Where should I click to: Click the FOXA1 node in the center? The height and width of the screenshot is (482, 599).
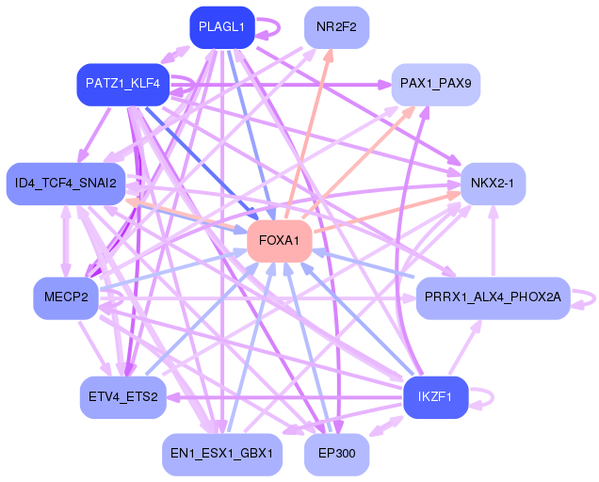[280, 241]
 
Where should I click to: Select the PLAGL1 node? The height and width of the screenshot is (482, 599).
[222, 27]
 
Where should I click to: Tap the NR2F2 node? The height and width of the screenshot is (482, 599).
[336, 27]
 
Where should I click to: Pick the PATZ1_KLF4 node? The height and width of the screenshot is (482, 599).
[123, 84]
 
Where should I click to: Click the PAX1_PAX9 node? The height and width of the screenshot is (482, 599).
[435, 84]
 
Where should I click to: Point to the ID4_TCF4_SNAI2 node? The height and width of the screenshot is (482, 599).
[66, 184]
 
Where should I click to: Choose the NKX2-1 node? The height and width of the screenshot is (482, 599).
[493, 184]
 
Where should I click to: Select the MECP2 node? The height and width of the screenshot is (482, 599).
[66, 297]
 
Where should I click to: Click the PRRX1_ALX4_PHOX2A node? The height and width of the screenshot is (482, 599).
[493, 297]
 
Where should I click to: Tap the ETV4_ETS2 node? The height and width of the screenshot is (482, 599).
[123, 397]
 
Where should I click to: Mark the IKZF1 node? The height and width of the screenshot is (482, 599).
[435, 397]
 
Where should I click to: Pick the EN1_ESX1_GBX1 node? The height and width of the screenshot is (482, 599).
[222, 454]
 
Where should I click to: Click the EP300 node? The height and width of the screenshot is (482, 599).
[336, 454]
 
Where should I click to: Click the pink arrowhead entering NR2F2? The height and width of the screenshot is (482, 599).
[329, 55]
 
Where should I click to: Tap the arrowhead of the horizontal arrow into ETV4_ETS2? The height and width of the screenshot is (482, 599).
[172, 397]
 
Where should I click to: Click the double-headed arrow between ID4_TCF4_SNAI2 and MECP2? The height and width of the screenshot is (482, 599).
[66, 241]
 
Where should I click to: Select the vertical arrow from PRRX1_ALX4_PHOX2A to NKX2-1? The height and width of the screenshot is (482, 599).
[494, 241]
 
